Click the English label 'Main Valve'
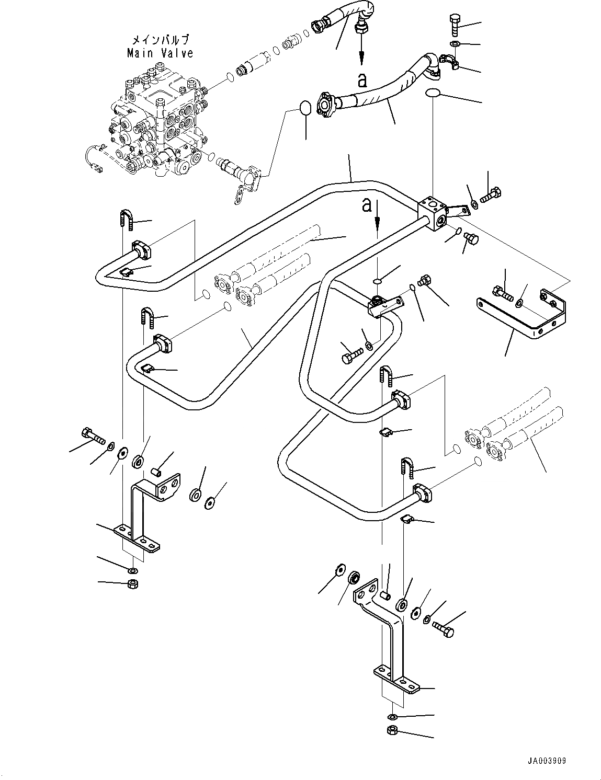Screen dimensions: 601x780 pos(160,53)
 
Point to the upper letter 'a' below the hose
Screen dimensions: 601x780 pos(362,81)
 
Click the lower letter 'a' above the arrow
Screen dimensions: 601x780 pos(367,205)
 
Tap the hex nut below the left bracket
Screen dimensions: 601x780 pos(133,584)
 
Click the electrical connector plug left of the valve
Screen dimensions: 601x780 pos(97,167)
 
